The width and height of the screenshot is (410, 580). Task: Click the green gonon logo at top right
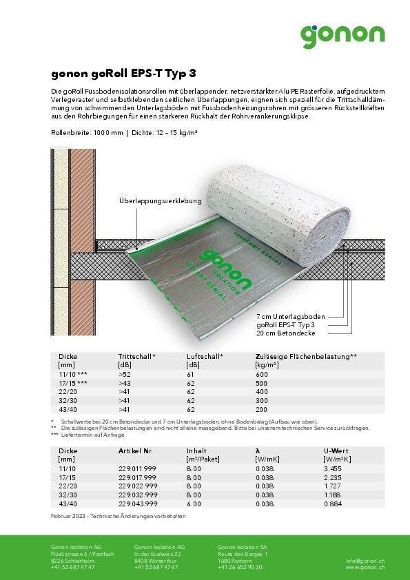click(342, 35)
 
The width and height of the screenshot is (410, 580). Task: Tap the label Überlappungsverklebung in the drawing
click(161, 201)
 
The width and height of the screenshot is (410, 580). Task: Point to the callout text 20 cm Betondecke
click(285, 333)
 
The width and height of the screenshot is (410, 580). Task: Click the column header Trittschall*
click(137, 357)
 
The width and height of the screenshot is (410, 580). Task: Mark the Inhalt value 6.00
click(194, 504)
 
